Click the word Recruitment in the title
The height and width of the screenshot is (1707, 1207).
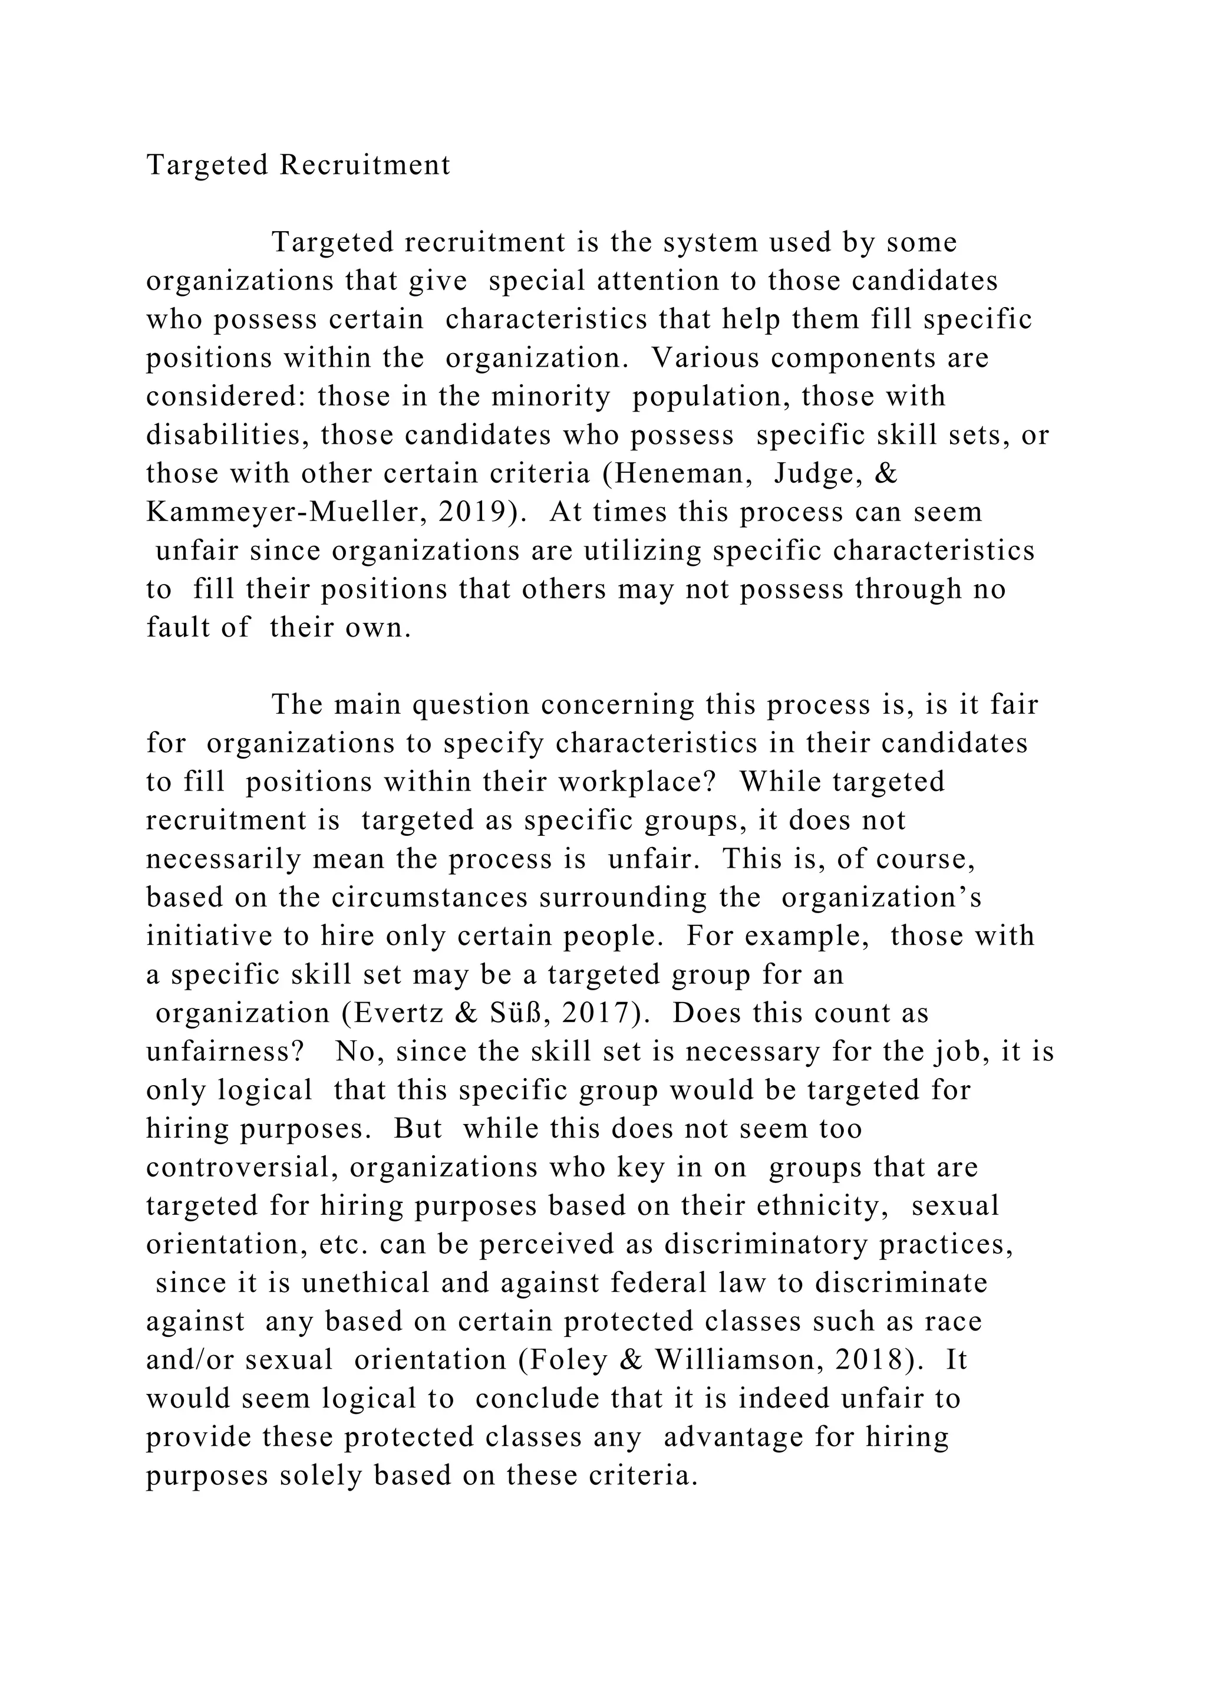point(364,165)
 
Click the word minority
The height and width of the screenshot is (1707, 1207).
point(550,396)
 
